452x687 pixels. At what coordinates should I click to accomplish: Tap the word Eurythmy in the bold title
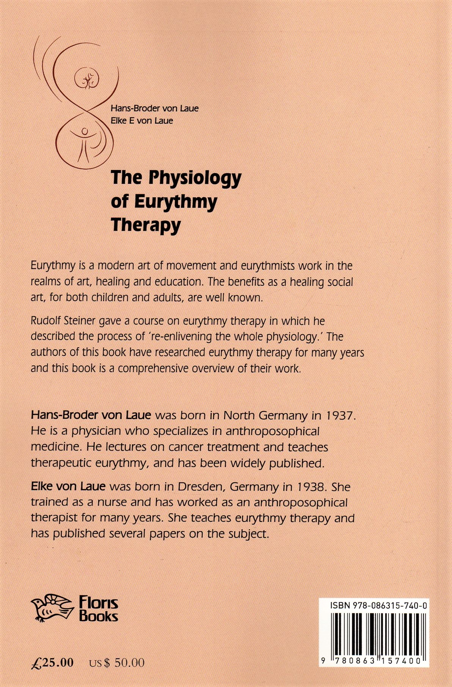point(175,201)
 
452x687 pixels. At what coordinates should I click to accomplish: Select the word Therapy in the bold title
point(146,225)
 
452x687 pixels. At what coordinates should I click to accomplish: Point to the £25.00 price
point(52,662)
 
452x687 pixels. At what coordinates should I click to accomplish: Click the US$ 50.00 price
point(117,662)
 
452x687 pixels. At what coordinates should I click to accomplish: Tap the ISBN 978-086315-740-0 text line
point(374,606)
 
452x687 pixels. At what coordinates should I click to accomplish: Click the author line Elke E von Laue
point(142,121)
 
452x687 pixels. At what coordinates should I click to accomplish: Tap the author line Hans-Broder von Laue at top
point(154,108)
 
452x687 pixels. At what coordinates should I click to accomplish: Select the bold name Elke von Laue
point(68,486)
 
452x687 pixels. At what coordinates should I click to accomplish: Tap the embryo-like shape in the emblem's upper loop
point(87,79)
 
